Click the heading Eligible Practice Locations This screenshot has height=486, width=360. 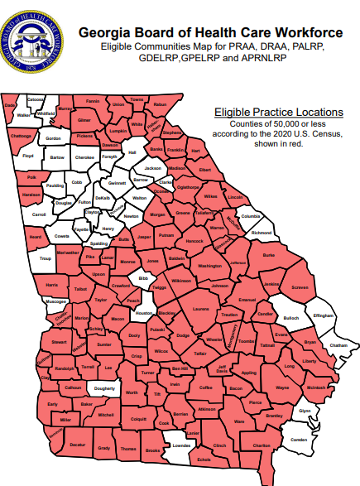click(x=278, y=112)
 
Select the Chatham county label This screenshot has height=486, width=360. click(x=338, y=344)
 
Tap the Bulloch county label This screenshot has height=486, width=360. click(x=290, y=318)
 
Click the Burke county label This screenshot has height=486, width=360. click(x=267, y=256)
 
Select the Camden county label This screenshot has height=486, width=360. click(x=300, y=439)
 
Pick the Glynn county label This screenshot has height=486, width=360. click(x=305, y=411)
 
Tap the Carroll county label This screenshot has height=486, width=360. click(x=38, y=214)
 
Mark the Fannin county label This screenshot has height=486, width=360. click(x=93, y=101)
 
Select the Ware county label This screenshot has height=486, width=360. click(x=239, y=421)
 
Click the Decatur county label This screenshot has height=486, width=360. click(x=78, y=445)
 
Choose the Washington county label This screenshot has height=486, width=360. click(x=210, y=266)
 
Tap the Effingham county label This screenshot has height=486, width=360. click(x=323, y=315)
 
